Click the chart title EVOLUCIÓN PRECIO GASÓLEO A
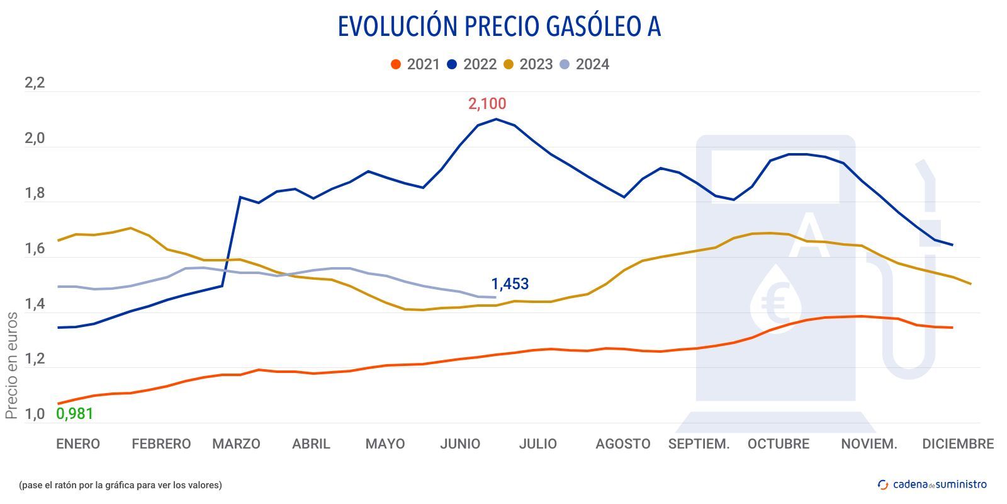click(499, 26)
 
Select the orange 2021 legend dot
click(396, 64)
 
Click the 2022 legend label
click(480, 64)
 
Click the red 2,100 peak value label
click(487, 104)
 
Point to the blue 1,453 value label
click(510, 284)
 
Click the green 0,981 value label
click(75, 414)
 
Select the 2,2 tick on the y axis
click(35, 83)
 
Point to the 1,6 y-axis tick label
click(35, 249)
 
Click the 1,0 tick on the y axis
click(35, 415)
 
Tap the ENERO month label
click(78, 444)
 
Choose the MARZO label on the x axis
click(236, 444)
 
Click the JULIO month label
click(537, 444)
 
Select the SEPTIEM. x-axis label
click(699, 444)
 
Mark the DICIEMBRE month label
click(957, 444)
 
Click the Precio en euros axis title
click(11, 365)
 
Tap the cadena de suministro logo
click(932, 484)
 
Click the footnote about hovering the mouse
click(120, 485)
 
